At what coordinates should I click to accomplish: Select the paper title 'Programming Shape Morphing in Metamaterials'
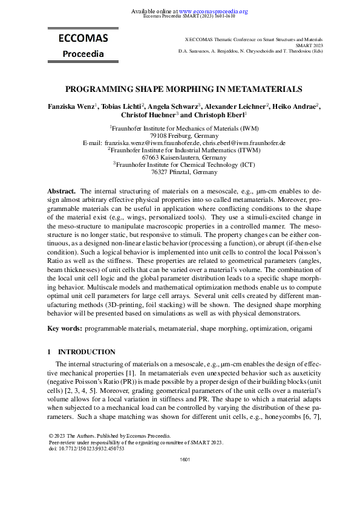point(183,89)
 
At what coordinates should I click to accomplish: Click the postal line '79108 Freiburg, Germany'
point(179,136)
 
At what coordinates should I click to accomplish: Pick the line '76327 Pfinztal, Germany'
point(180,172)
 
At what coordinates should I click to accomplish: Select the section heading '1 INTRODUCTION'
point(81,351)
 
